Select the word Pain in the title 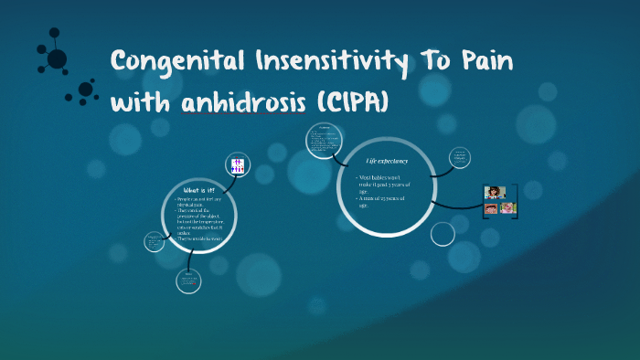coord(477,63)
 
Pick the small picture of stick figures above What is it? coord(237,165)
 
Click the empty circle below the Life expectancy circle coord(443,234)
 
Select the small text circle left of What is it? coord(153,241)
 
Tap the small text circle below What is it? coord(188,280)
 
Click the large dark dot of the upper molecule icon coord(57,59)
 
